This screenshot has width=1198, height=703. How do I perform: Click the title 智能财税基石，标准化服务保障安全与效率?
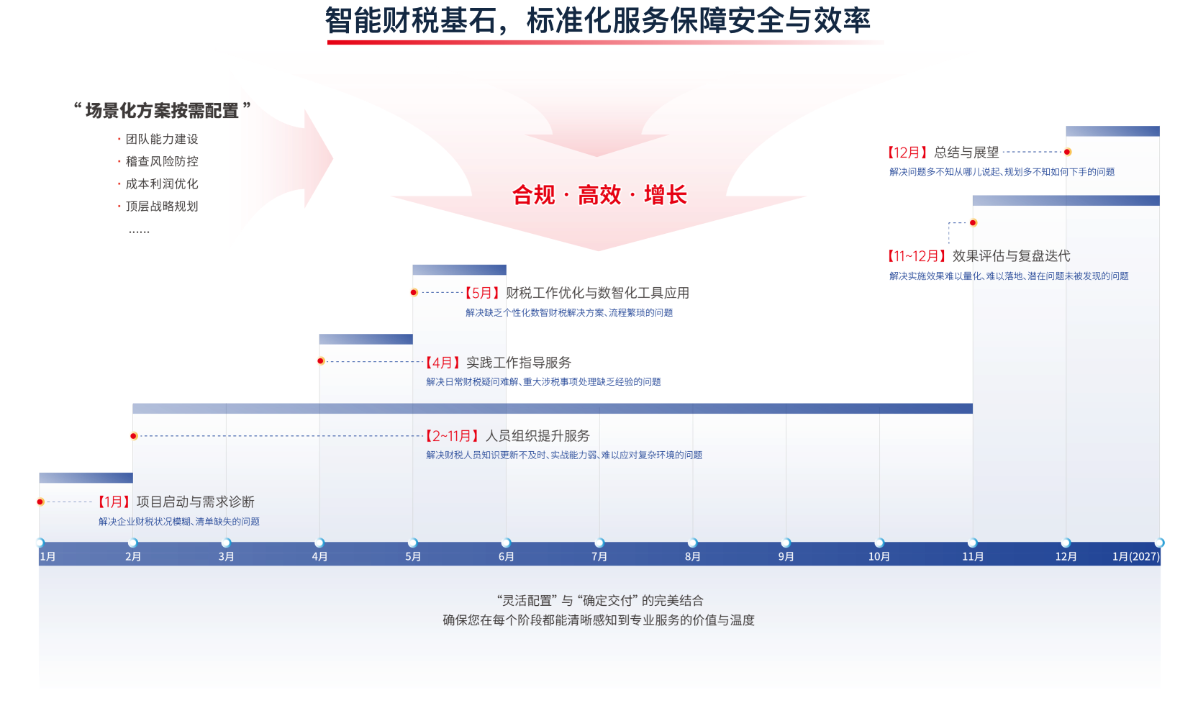point(598,20)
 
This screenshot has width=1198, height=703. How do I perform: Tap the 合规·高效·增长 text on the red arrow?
point(599,195)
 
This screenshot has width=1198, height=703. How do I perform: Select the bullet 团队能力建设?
point(162,139)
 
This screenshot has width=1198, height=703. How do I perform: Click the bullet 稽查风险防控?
point(162,161)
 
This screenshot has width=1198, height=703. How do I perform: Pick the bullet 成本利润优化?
point(162,183)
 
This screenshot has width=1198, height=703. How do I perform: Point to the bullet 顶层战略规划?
point(162,206)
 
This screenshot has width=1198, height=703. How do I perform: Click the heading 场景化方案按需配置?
point(162,110)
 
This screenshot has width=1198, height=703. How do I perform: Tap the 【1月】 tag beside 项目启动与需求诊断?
point(114,502)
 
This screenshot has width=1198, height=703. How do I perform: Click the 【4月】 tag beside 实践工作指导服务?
point(443,363)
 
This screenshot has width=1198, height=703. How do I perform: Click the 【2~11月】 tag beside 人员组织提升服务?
point(452,436)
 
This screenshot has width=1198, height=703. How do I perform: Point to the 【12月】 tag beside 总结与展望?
point(907,153)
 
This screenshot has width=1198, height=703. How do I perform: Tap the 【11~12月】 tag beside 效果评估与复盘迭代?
point(917,256)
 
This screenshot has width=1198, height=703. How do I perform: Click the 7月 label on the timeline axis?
point(599,556)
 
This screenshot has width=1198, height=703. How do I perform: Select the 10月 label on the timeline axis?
point(879,556)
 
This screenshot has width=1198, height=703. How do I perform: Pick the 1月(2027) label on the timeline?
point(1136,556)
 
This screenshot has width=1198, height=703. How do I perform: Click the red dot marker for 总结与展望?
point(1067,152)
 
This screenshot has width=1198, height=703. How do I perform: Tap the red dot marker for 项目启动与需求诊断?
point(40,502)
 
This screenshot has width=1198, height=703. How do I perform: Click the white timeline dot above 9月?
point(786,543)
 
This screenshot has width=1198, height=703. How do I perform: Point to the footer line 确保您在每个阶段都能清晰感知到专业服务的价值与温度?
point(599,620)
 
